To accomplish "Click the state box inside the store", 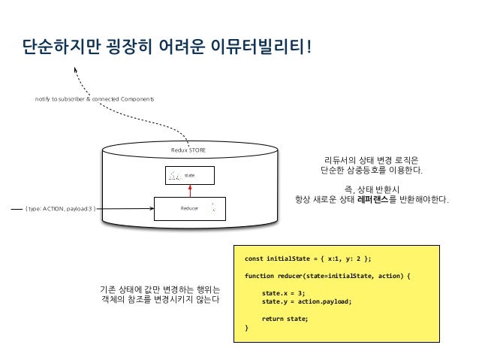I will click(x=190, y=175).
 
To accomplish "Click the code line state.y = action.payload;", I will click(x=306, y=301).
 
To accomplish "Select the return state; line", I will click(x=285, y=319).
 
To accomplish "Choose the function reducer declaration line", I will click(x=328, y=276).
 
